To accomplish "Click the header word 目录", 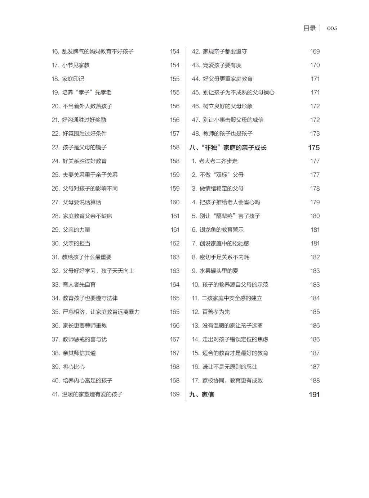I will (310, 28).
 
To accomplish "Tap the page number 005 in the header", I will (332, 28).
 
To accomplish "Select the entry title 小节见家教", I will (76, 65).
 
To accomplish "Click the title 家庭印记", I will (73, 79).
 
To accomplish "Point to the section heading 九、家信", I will (201, 394).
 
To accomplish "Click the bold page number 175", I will (314, 148).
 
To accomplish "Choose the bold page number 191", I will (314, 394).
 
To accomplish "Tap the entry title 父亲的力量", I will (76, 230).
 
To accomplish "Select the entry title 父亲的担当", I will (76, 243).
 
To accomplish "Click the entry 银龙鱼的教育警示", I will (222, 230).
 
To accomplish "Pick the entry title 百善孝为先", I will (216, 312).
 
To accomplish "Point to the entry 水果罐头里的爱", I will (219, 271).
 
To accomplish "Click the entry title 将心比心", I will (74, 367).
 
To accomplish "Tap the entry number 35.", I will (55, 312).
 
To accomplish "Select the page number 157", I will (175, 133).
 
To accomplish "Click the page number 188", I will (315, 380).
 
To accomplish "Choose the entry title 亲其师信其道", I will (79, 353).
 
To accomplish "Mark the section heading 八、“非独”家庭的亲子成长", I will (228, 148).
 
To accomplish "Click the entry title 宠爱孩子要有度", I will (222, 65).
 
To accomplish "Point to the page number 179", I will (315, 202).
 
